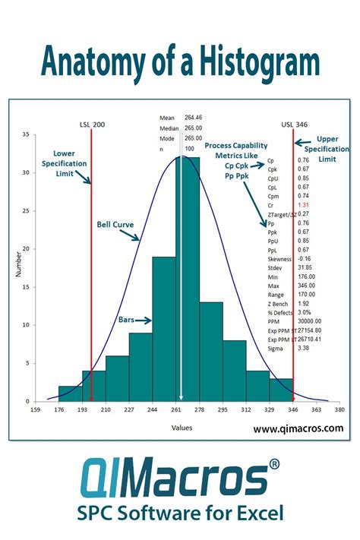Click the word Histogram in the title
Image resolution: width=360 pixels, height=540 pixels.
point(241,62)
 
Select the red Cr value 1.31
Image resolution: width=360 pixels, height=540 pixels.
point(303,205)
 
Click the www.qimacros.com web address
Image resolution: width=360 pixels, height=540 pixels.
point(297,428)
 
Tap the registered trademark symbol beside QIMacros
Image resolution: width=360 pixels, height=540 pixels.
point(273,463)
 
